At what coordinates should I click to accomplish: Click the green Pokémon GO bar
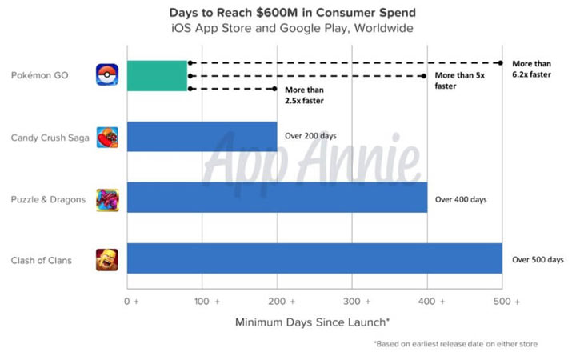click(157, 75)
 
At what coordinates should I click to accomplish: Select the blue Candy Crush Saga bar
click(202, 136)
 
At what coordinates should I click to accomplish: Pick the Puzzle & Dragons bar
click(277, 198)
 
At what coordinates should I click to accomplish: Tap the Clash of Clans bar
click(314, 258)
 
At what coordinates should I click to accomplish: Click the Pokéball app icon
click(107, 75)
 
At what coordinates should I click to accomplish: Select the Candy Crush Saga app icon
click(107, 137)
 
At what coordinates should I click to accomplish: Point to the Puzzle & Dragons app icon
click(107, 198)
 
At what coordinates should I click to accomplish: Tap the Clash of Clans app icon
click(107, 259)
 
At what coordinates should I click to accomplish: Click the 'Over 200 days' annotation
click(312, 136)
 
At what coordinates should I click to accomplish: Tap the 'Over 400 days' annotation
click(461, 198)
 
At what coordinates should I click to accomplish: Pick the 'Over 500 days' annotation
click(537, 259)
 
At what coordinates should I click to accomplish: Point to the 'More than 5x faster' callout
click(459, 80)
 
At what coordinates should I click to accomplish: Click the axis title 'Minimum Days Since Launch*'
click(313, 323)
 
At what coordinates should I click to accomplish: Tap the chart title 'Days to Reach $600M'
click(293, 13)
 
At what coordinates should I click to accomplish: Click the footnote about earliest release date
click(455, 344)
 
